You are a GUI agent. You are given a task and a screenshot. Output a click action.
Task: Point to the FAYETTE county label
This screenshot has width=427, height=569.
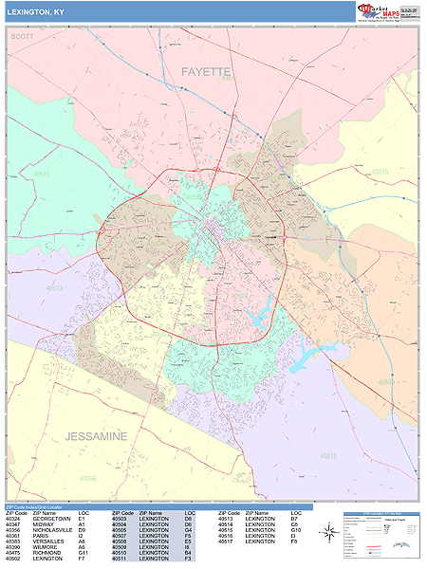point(206,71)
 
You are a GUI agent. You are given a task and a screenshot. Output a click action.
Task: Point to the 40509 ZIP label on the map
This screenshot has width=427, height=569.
point(386,382)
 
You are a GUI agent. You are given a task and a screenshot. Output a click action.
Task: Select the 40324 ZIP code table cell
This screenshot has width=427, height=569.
point(12,520)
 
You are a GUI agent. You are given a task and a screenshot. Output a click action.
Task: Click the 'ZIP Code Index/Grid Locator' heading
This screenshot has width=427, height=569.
point(43,507)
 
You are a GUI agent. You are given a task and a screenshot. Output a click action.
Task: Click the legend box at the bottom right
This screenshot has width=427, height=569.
point(380,537)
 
